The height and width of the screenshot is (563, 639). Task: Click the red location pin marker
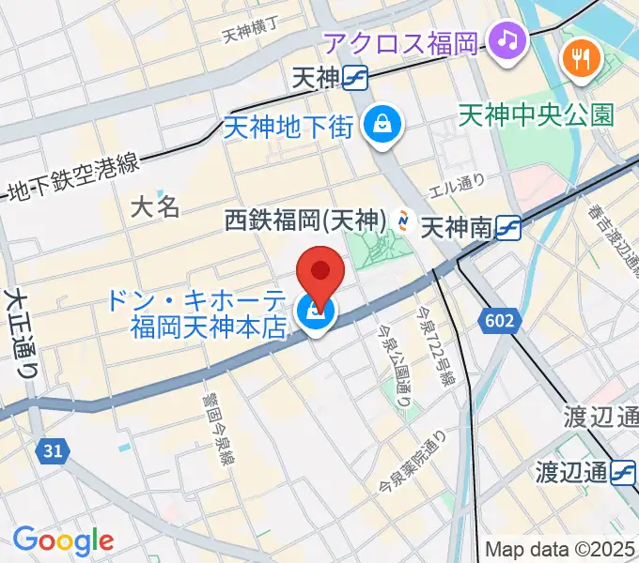click(320, 273)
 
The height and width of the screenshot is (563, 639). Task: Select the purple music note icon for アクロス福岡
click(508, 40)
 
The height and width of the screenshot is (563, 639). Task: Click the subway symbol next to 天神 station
click(355, 78)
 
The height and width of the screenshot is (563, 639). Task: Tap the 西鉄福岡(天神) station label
click(305, 221)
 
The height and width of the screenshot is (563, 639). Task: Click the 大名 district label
click(155, 206)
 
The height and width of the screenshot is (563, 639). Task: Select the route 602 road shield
click(500, 322)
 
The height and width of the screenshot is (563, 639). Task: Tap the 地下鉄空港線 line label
click(70, 177)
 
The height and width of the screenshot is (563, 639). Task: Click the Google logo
click(63, 540)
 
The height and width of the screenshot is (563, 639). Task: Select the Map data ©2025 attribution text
click(561, 549)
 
